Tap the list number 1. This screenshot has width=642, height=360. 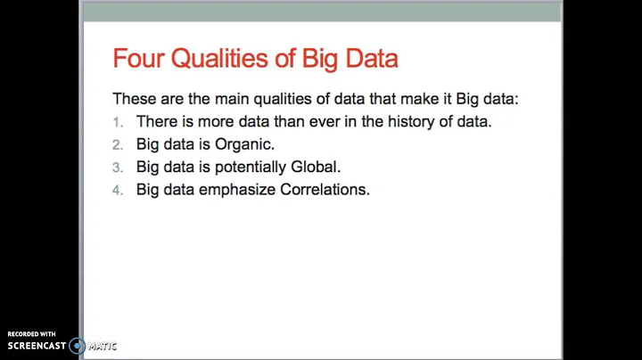point(117,121)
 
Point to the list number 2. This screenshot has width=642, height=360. point(117,143)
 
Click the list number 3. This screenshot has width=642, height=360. point(117,167)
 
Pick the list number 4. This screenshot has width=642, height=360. point(117,189)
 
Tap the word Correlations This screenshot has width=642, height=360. point(325,189)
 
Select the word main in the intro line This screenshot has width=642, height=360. point(233,99)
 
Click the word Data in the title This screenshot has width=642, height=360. point(367,60)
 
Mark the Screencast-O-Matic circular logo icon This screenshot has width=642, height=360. point(78,346)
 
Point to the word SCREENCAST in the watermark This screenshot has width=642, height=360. point(37,346)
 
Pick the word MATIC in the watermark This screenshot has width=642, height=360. point(103,346)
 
